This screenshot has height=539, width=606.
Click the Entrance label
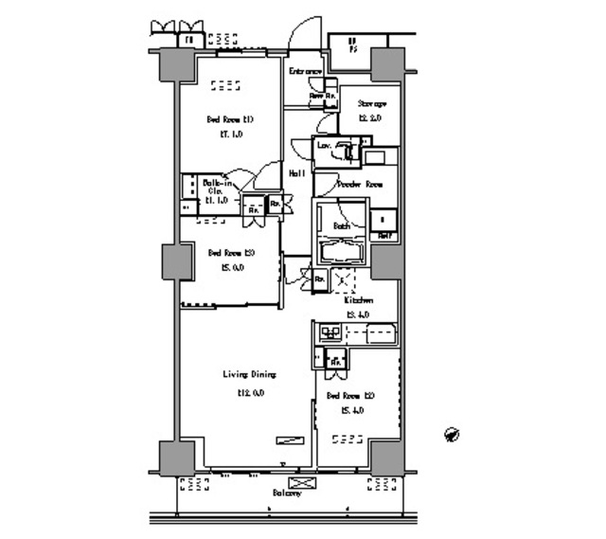point(305,71)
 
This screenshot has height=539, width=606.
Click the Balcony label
point(287,494)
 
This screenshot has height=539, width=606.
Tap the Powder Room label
point(360,184)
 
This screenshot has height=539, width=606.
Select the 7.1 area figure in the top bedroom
point(231,135)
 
